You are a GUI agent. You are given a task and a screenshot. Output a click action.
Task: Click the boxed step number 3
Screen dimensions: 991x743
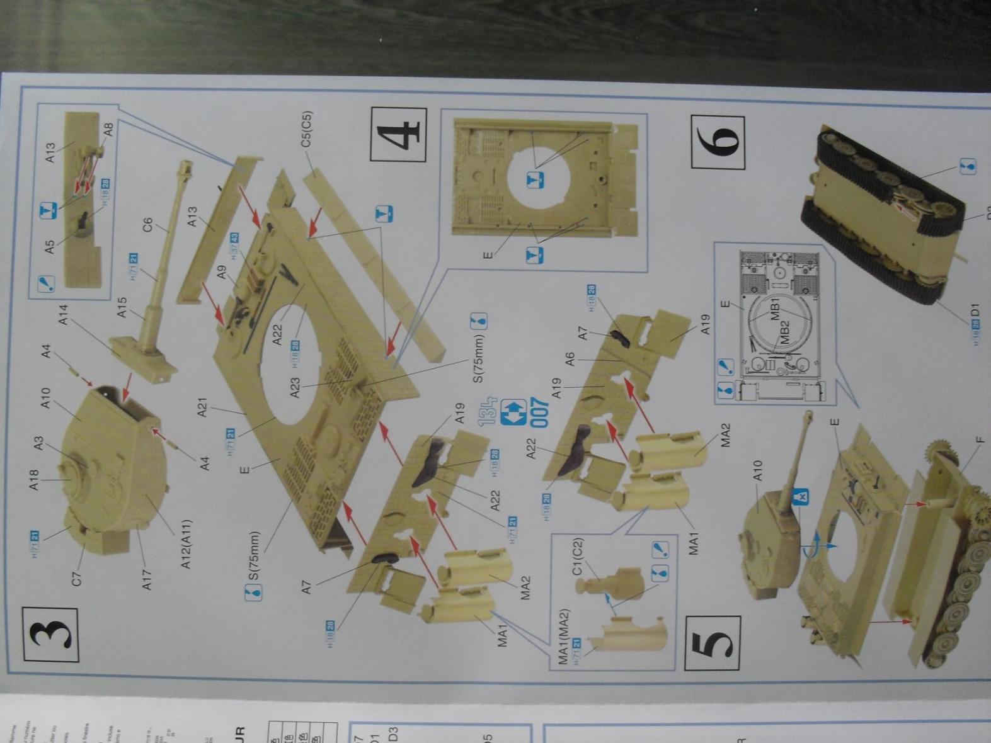pyautogui.click(x=50, y=634)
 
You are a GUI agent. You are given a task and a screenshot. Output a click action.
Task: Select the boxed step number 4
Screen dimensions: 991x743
pyautogui.click(x=398, y=134)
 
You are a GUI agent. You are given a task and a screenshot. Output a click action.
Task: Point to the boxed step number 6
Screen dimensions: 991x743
pyautogui.click(x=718, y=143)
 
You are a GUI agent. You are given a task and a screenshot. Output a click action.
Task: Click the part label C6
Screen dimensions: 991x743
pyautogui.click(x=149, y=225)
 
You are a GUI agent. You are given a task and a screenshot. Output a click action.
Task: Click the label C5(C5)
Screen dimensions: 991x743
pyautogui.click(x=307, y=129)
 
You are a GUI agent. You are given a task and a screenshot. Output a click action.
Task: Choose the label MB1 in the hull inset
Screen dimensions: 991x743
pyautogui.click(x=776, y=309)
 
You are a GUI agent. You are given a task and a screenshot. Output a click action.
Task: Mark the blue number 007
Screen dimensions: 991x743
pyautogui.click(x=540, y=412)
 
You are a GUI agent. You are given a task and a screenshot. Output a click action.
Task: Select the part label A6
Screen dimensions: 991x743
pyautogui.click(x=570, y=360)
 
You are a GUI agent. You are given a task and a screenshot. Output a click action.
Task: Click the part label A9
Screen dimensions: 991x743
pyautogui.click(x=222, y=273)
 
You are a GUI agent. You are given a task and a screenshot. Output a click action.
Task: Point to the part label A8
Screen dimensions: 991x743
pyautogui.click(x=108, y=129)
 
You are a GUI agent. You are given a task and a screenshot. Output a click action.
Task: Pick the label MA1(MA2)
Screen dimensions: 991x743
pyautogui.click(x=564, y=636)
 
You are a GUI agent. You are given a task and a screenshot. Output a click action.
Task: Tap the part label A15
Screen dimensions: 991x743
pyautogui.click(x=122, y=308)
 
